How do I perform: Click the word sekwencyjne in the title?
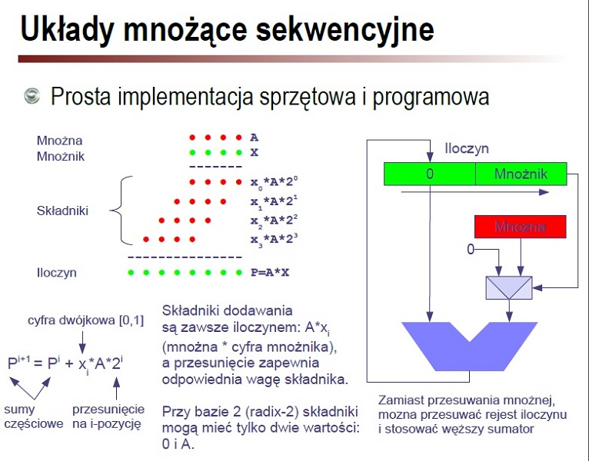[344, 30]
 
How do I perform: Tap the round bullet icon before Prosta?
[32, 96]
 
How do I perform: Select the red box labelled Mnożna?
[521, 227]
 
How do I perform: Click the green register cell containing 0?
[430, 174]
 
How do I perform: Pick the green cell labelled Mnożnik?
[521, 174]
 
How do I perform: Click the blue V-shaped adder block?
[470, 346]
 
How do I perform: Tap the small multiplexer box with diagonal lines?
[509, 288]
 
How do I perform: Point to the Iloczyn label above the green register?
[467, 148]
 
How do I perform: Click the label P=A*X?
[270, 273]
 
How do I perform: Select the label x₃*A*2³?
[275, 240]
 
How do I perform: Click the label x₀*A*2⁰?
[275, 182]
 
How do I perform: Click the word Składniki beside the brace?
[62, 211]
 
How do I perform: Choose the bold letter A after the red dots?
[255, 138]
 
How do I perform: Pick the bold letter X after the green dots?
[255, 152]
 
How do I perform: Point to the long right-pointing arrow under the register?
[475, 192]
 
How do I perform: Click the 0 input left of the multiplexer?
[471, 249]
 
